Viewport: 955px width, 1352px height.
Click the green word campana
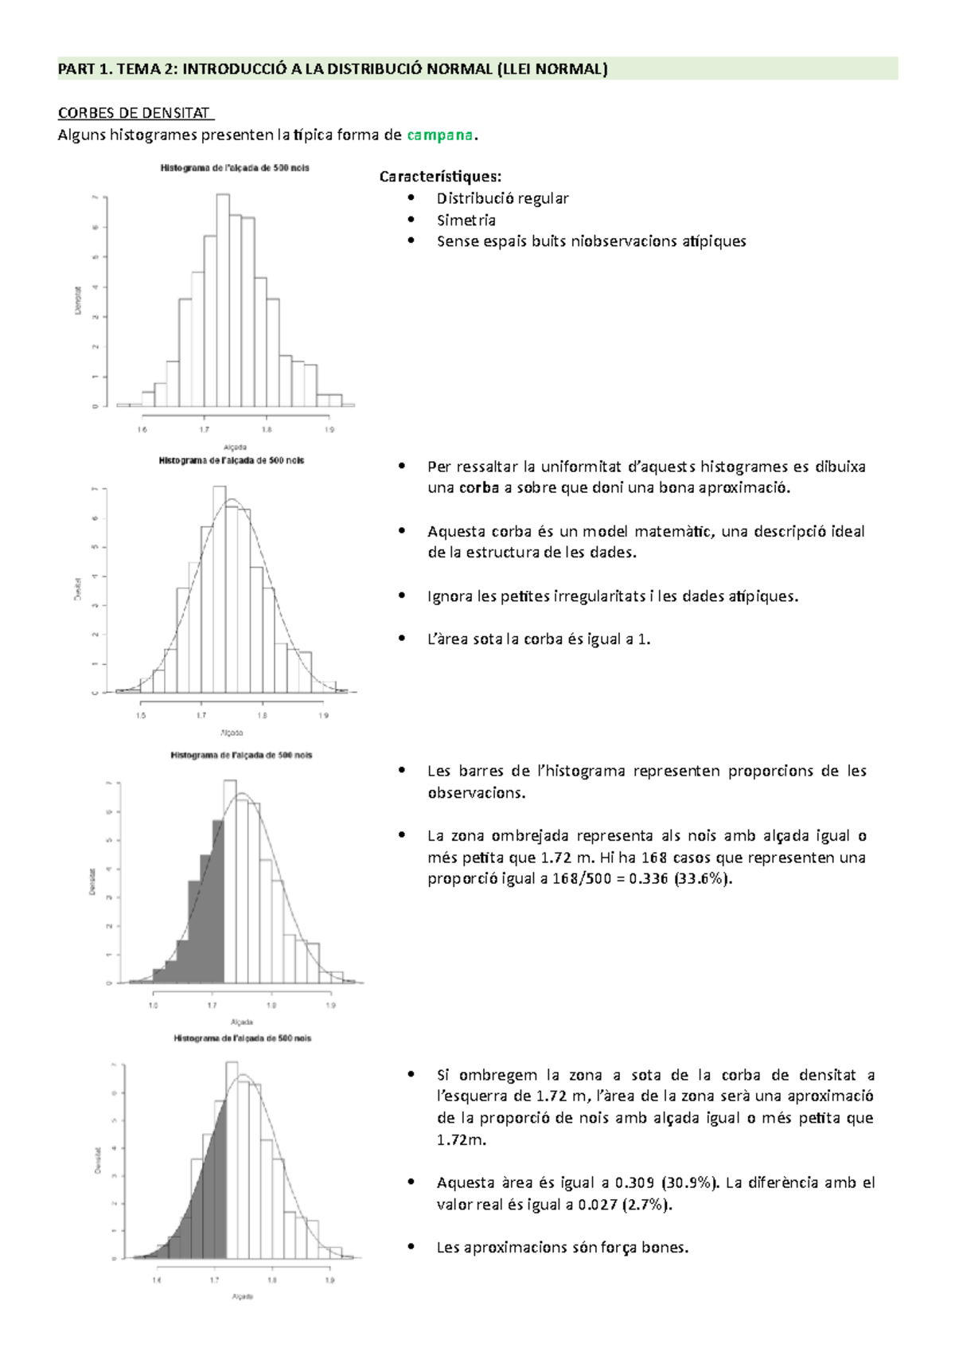[x=439, y=135]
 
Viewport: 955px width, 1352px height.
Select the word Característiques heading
[x=440, y=177]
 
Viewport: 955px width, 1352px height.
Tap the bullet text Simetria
[x=466, y=220]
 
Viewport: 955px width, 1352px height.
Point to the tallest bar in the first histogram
[x=223, y=303]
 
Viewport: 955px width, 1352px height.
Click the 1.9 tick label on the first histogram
[x=329, y=430]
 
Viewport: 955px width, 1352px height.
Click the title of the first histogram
[x=235, y=168]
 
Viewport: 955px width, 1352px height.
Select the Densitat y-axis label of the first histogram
[x=78, y=301]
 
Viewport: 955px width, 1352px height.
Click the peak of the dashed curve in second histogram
[x=232, y=500]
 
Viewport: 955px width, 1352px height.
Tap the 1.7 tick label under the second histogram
[x=201, y=715]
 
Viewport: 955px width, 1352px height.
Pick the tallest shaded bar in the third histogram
[x=218, y=900]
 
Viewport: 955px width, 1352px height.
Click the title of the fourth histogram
[x=243, y=1038]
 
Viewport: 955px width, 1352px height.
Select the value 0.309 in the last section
[x=634, y=1183]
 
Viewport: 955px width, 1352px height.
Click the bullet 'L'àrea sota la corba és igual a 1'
[x=539, y=639]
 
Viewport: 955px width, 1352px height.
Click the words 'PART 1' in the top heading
[x=84, y=69]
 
